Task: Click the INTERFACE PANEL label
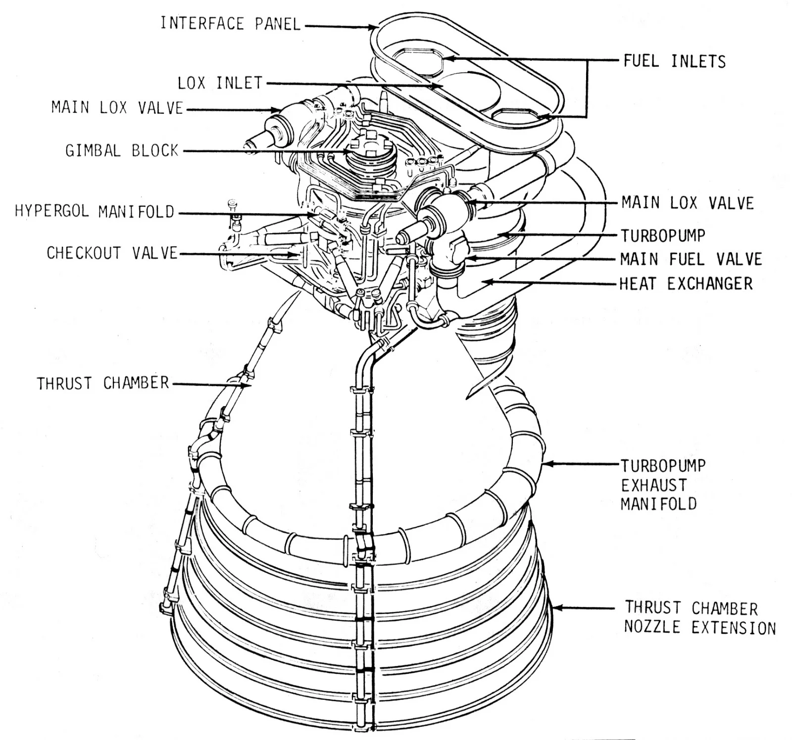pyautogui.click(x=230, y=24)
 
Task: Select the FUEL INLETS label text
pyautogui.click(x=674, y=61)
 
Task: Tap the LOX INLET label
pyautogui.click(x=220, y=83)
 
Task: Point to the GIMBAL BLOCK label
pyautogui.click(x=122, y=150)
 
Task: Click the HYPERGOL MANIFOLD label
pyautogui.click(x=95, y=212)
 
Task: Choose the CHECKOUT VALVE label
pyautogui.click(x=112, y=253)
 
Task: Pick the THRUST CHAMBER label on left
pyautogui.click(x=103, y=383)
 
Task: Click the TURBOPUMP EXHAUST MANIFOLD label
pyautogui.click(x=662, y=485)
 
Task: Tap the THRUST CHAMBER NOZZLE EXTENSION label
pyautogui.click(x=699, y=618)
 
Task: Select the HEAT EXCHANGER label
pyautogui.click(x=686, y=284)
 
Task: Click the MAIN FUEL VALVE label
pyautogui.click(x=691, y=259)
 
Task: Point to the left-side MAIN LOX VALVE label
pyautogui.click(x=117, y=108)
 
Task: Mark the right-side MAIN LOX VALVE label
pyautogui.click(x=687, y=203)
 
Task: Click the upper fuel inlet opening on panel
pyautogui.click(x=419, y=61)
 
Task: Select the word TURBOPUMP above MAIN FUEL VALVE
pyautogui.click(x=662, y=236)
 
